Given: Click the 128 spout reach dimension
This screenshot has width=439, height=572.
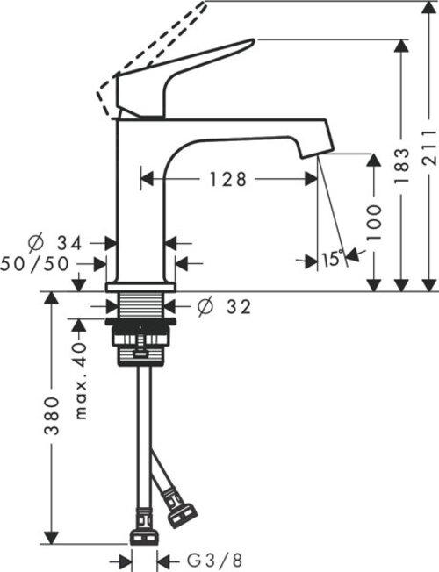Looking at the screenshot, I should pos(227,179).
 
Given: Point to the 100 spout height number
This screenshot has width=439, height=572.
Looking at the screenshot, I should pos(375,224).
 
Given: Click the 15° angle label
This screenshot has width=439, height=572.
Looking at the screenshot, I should pos(331,259).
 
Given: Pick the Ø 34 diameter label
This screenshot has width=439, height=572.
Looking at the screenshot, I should pos(61,242).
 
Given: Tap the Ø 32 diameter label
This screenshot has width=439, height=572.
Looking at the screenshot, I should pos(225,306).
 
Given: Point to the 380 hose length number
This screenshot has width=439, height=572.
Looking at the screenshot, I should pos(52,419).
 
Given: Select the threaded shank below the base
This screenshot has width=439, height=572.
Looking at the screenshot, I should pos(140,307).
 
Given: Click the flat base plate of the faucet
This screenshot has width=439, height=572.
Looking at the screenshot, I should pos(140,287).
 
